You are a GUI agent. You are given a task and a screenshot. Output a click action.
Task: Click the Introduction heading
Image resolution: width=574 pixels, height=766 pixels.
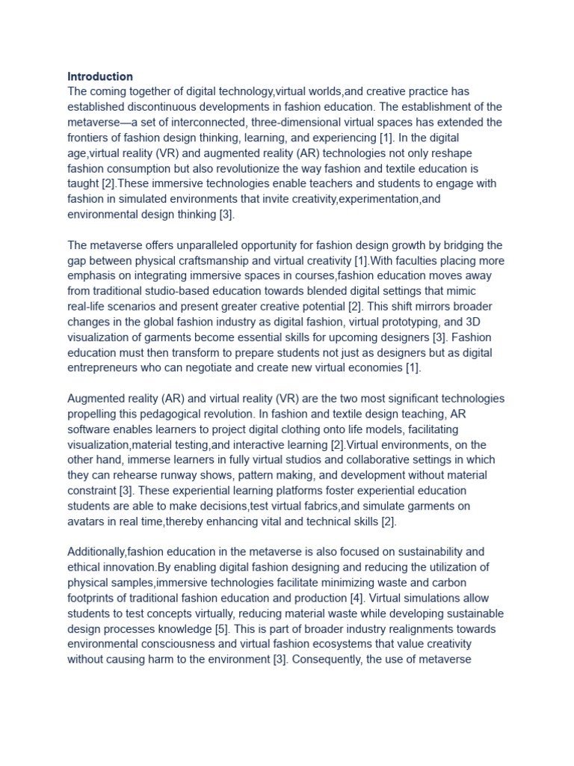[x=100, y=76]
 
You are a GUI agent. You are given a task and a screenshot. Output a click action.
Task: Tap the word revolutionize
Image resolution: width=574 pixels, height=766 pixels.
[x=235, y=168]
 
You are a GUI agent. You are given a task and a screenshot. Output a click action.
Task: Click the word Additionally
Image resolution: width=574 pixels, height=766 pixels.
[x=98, y=552]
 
